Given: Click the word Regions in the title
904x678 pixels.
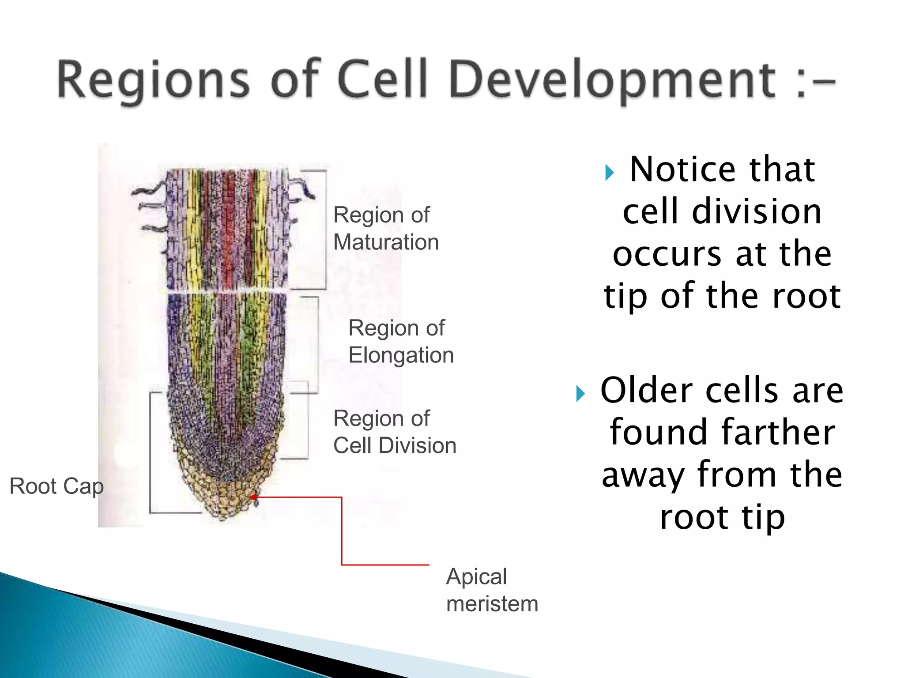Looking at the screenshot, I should [x=152, y=80].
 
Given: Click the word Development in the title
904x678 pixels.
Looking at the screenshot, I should [x=611, y=80].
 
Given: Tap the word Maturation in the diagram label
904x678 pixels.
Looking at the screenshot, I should [x=386, y=242].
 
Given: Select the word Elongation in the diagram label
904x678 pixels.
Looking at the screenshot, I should [x=401, y=355].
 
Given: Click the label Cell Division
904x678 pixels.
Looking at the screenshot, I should [x=394, y=445].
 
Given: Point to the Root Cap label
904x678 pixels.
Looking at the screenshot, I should [x=56, y=486].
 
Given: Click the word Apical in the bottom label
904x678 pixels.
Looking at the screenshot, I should [x=476, y=576].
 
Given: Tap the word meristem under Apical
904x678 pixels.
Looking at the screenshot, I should [x=492, y=604].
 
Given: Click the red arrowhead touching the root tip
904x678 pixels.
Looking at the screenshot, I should [x=252, y=497].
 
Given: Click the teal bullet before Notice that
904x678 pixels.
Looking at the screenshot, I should [x=610, y=173].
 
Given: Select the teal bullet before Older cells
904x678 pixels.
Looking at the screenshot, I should [x=580, y=393].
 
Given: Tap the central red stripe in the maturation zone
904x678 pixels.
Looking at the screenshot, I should [x=228, y=230].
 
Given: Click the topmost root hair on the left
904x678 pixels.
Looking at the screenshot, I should [x=148, y=191].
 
